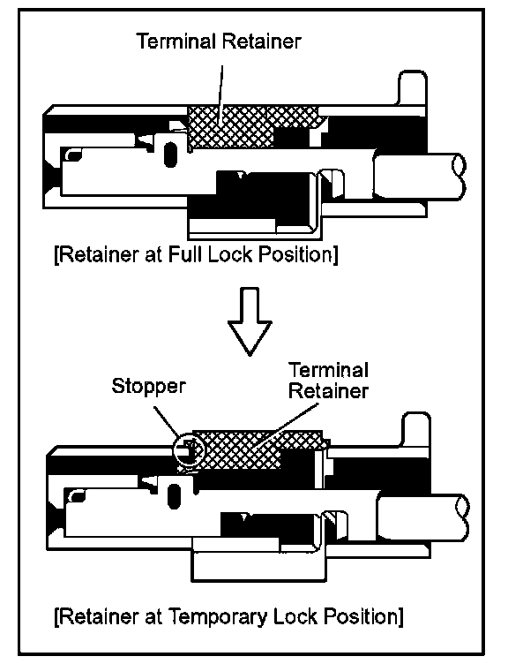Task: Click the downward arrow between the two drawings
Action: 250,321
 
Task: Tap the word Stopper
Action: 148,387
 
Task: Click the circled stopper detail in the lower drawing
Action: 189,450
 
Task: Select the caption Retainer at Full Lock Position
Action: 197,254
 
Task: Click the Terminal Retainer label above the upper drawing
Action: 219,41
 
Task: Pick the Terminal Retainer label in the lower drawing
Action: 329,381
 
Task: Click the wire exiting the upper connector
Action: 419,176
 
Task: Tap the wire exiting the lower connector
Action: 423,517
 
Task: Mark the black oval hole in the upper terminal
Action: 170,155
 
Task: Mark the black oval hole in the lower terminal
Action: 174,496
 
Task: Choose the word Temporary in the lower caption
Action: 218,616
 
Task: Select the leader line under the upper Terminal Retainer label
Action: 220,93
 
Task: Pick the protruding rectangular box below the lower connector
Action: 259,561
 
